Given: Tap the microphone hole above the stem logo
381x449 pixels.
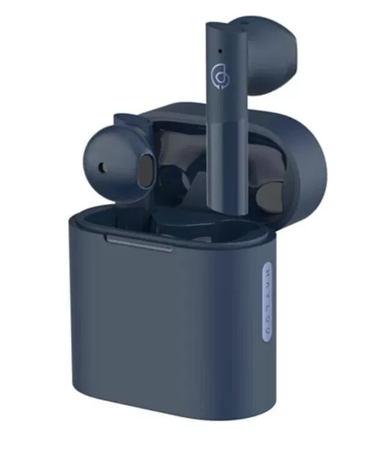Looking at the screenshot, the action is click(x=220, y=51).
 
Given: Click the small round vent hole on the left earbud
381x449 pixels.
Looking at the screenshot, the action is click(x=102, y=168).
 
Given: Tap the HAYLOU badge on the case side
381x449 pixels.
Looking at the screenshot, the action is click(x=268, y=302).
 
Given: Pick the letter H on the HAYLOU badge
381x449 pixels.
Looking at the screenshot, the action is click(x=268, y=272).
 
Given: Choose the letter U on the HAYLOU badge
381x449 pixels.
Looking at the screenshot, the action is click(x=268, y=331).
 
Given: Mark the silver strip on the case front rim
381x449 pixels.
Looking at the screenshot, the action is click(x=139, y=243).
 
